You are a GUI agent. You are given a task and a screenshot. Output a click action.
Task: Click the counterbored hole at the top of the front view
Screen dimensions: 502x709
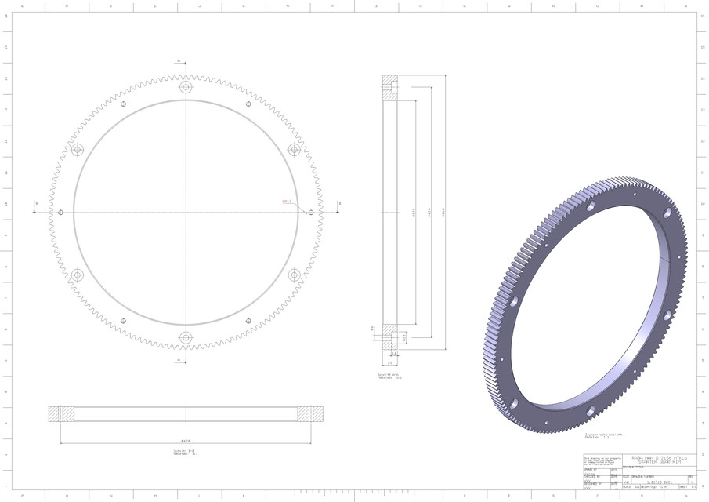click(186, 87)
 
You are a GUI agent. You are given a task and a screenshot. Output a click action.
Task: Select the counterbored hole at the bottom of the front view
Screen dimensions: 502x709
click(186, 337)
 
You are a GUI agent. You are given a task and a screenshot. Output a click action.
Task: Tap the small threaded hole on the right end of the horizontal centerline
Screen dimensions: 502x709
click(311, 213)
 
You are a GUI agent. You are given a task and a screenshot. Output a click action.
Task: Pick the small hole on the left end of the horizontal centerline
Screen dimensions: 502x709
click(61, 213)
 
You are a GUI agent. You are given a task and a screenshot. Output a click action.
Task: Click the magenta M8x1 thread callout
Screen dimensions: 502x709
click(287, 202)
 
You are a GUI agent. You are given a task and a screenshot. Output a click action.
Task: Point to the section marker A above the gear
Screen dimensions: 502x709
click(179, 60)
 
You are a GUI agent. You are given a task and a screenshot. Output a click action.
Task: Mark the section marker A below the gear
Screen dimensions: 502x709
click(179, 362)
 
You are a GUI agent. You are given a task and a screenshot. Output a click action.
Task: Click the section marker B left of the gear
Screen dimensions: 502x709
click(35, 204)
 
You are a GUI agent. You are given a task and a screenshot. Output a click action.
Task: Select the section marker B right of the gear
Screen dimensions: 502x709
click(338, 204)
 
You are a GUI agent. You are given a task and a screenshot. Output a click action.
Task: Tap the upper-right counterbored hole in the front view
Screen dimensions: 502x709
click(295, 150)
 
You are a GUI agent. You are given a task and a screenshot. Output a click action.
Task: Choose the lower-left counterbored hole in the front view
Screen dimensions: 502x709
click(77, 275)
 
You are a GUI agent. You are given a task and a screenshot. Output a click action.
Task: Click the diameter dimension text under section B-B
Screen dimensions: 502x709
click(186, 440)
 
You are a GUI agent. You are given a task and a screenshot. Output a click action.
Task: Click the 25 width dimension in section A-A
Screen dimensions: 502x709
click(389, 363)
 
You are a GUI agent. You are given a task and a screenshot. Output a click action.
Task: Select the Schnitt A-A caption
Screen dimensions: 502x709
click(389, 376)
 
